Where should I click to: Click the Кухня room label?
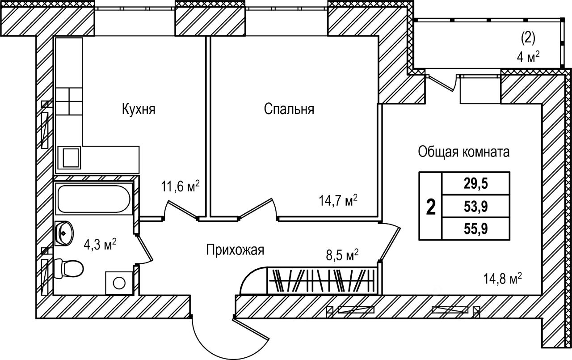(x=139, y=109)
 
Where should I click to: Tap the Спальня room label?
(x=289, y=109)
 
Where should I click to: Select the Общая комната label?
(x=464, y=152)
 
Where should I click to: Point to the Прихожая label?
(x=235, y=250)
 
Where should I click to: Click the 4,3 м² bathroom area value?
(x=101, y=244)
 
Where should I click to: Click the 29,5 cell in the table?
(x=475, y=183)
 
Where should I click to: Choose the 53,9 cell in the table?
(x=475, y=206)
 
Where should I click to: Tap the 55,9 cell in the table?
(x=475, y=229)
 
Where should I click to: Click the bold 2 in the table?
(x=430, y=207)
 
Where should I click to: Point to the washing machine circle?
(x=119, y=283)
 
